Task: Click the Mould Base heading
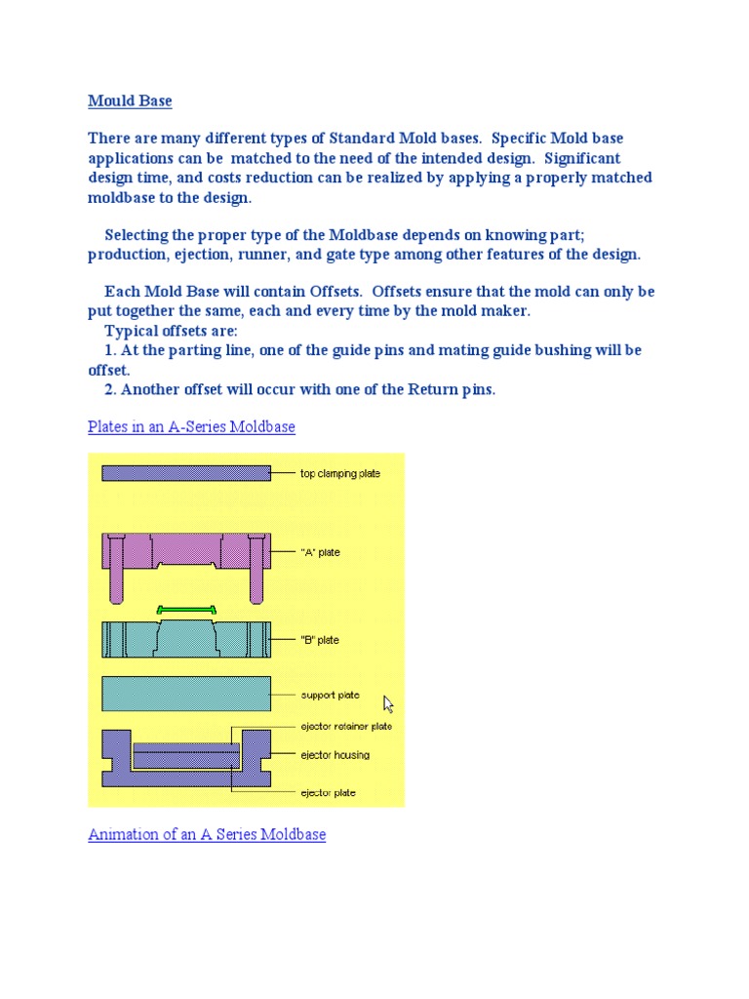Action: pyautogui.click(x=130, y=100)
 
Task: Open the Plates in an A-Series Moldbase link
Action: pyautogui.click(x=191, y=426)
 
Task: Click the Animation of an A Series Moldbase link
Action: pyautogui.click(x=207, y=834)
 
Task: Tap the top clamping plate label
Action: pyautogui.click(x=339, y=473)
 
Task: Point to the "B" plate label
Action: pyautogui.click(x=321, y=640)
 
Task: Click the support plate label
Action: pyautogui.click(x=330, y=696)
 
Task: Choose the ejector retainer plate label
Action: pyautogui.click(x=346, y=726)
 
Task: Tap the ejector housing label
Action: pyautogui.click(x=335, y=754)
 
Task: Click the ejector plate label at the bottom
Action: pyautogui.click(x=328, y=793)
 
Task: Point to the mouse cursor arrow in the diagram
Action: pyautogui.click(x=388, y=703)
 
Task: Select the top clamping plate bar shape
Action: pyautogui.click(x=186, y=473)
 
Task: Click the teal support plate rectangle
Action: pyautogui.click(x=186, y=694)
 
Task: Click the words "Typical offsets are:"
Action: pyautogui.click(x=171, y=331)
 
